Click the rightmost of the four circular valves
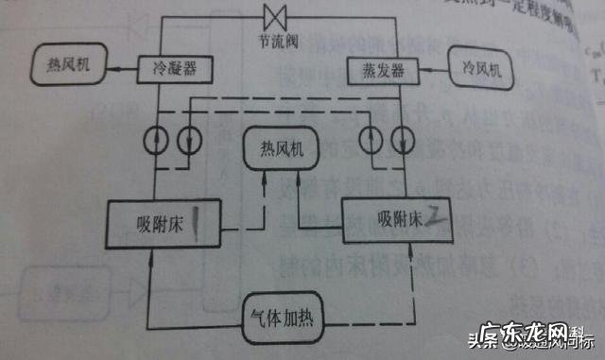click(408, 139)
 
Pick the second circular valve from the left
click(189, 139)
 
